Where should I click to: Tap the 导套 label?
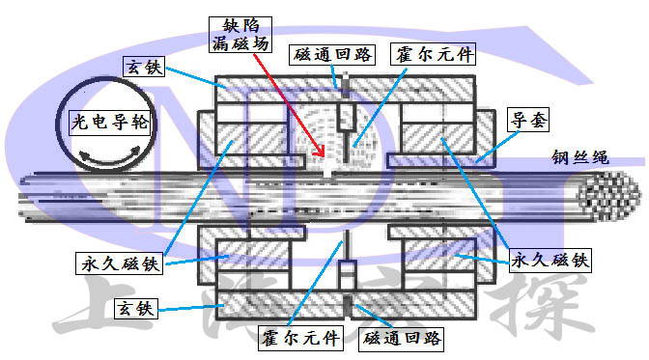525,120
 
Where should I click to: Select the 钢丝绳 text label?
579,157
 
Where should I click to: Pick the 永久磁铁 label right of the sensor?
548,261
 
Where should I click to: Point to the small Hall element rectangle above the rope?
345,125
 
